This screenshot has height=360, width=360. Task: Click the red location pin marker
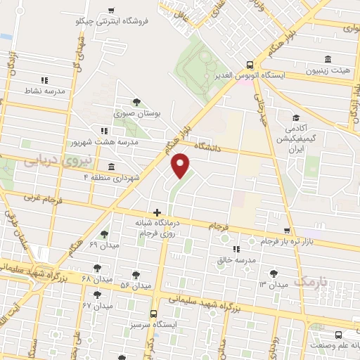[181, 166]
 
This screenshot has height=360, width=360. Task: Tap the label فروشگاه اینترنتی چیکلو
[112, 21]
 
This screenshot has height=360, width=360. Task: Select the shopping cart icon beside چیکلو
[112, 10]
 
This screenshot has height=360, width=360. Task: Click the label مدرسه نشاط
[44, 91]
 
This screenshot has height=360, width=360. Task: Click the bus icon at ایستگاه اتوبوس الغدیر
[252, 62]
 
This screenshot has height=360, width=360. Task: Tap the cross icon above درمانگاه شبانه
[157, 212]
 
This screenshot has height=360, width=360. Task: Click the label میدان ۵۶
[136, 285]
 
